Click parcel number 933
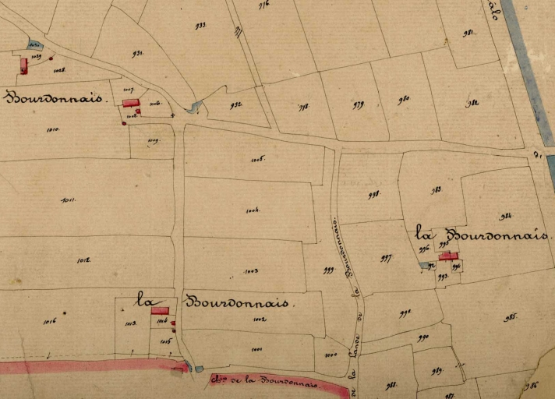coord(200,26)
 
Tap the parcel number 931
coord(138,54)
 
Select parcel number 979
coord(358,104)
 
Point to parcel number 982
coord(472,104)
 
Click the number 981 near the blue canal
coord(468,33)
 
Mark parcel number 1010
coord(53,129)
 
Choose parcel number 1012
coord(84,260)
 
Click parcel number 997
coord(386,258)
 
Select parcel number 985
coord(511,318)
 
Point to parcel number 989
coord(437,370)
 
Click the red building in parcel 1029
coord(24,65)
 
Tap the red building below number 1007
coord(131,103)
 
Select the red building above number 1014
coord(160,310)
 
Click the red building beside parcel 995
coord(447,255)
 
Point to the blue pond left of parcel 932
coord(194,107)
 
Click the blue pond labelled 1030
coord(34,44)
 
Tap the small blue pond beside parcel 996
coord(423,266)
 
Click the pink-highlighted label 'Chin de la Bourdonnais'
coord(265,382)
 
